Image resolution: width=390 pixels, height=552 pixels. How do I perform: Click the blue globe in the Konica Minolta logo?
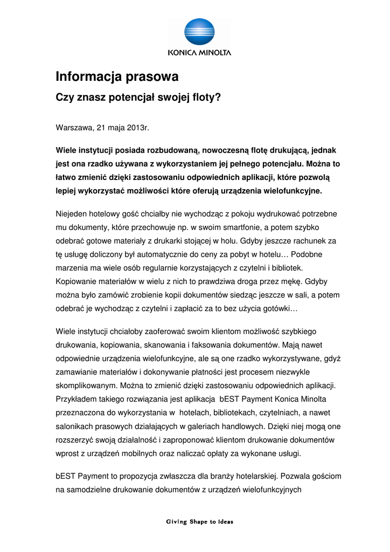point(199,33)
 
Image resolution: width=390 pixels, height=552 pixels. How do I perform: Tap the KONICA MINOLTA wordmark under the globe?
point(199,53)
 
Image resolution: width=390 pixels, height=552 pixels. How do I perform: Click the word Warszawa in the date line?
point(74,128)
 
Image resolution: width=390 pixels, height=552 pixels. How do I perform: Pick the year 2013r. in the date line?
point(138,128)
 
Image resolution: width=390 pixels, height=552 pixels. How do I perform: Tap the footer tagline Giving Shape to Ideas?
point(199,522)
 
